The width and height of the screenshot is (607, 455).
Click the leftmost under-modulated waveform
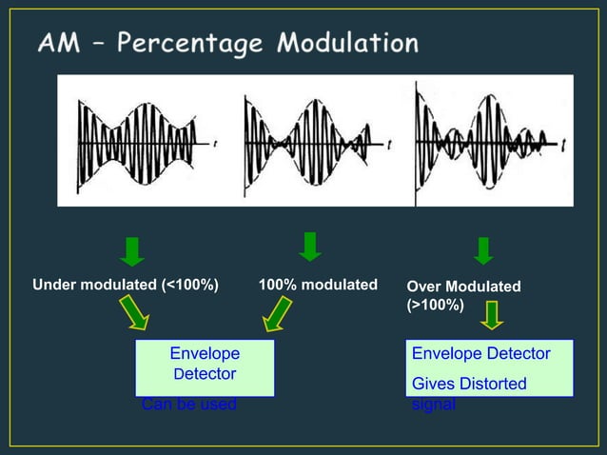point(145,142)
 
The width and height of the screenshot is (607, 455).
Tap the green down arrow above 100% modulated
point(309,246)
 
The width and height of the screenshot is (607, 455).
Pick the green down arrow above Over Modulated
point(483,249)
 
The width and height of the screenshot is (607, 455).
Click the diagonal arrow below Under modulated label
point(134,312)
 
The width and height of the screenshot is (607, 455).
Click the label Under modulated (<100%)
point(126,285)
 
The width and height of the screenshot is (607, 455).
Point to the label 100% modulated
point(318,285)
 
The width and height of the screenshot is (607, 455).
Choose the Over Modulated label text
point(463,287)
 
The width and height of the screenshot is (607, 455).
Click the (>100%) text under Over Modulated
point(435,306)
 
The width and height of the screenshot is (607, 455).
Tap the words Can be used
point(188,405)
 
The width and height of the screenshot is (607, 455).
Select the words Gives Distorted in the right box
point(469,384)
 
